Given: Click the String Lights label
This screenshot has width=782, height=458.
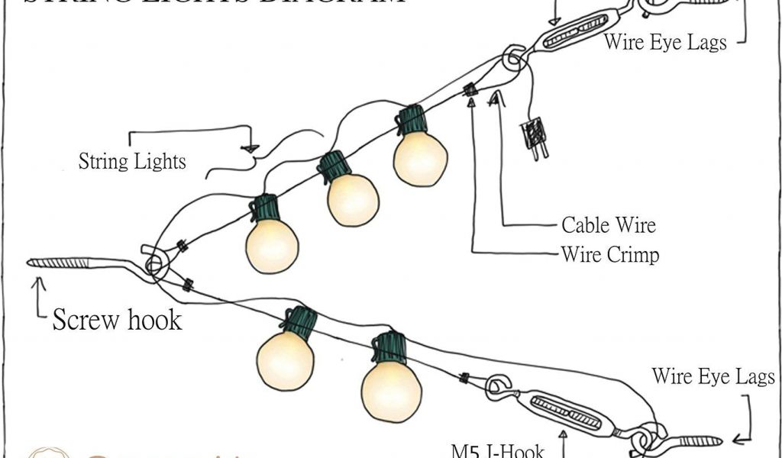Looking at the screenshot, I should [132, 162].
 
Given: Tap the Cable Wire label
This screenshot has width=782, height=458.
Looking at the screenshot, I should [608, 225].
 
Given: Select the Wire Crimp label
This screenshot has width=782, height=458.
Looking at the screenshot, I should [609, 254].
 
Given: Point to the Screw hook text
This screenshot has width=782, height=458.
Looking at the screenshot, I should [117, 319].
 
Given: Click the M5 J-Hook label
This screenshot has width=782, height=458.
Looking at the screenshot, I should [497, 450].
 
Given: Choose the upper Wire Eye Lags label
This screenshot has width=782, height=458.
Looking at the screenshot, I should [664, 41].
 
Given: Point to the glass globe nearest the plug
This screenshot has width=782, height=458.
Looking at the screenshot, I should [420, 158].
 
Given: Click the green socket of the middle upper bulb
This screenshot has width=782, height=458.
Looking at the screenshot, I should [334, 166].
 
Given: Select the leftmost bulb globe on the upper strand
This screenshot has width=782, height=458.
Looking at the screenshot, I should [272, 245].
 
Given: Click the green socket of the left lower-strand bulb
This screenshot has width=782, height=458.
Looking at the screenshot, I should [299, 322].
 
